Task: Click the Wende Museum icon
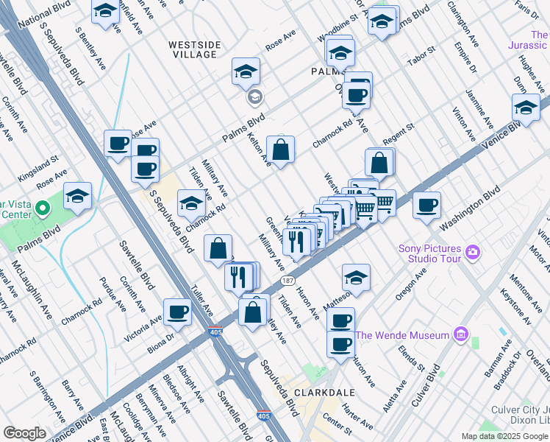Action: [x=461, y=335]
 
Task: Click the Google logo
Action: [x=24, y=433]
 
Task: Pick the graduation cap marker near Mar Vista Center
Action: [x=77, y=197]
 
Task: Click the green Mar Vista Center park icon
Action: [x=43, y=209]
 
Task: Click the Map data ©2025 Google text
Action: [x=505, y=436]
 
